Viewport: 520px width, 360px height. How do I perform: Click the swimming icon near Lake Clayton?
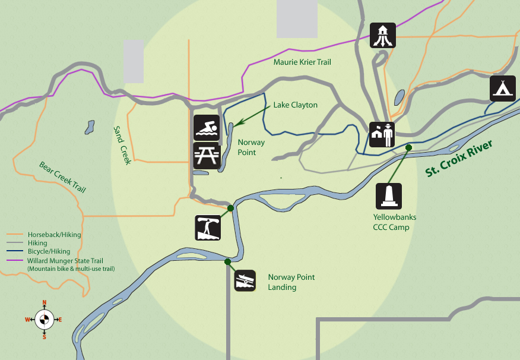click(x=207, y=128)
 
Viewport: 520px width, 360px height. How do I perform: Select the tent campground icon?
click(x=503, y=89)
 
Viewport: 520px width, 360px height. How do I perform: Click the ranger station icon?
click(x=382, y=135)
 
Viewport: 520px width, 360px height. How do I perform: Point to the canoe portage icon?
click(x=208, y=228)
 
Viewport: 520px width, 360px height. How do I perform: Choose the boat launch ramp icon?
click(x=245, y=280)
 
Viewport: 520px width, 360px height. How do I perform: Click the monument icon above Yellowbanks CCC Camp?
click(x=389, y=196)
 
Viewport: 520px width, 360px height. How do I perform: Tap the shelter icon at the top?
click(x=383, y=35)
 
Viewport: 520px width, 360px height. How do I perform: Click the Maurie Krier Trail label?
click(x=302, y=62)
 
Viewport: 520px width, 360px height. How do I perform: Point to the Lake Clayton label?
click(x=295, y=105)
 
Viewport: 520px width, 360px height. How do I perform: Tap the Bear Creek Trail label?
click(x=62, y=177)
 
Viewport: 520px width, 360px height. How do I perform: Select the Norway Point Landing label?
click(x=291, y=282)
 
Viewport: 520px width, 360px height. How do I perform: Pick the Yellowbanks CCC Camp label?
click(x=391, y=222)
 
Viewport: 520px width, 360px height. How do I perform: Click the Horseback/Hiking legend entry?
click(x=54, y=235)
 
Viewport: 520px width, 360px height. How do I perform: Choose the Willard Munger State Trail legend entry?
click(x=65, y=261)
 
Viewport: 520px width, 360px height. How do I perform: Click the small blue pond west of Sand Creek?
click(x=89, y=127)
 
